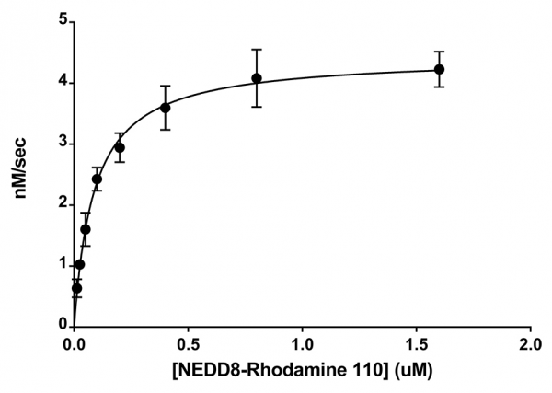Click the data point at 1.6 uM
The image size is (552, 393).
tap(439, 69)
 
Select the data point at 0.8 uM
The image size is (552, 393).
tap(257, 78)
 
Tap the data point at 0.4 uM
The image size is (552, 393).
tap(166, 108)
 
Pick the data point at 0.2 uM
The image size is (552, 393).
tap(120, 147)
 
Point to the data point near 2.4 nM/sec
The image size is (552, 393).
tap(97, 179)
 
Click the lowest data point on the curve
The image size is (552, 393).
tap(76, 288)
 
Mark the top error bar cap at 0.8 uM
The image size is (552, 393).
tap(257, 50)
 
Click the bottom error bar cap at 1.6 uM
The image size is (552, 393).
tap(439, 87)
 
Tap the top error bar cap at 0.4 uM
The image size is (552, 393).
tap(166, 87)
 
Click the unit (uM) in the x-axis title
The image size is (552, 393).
tap(414, 374)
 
